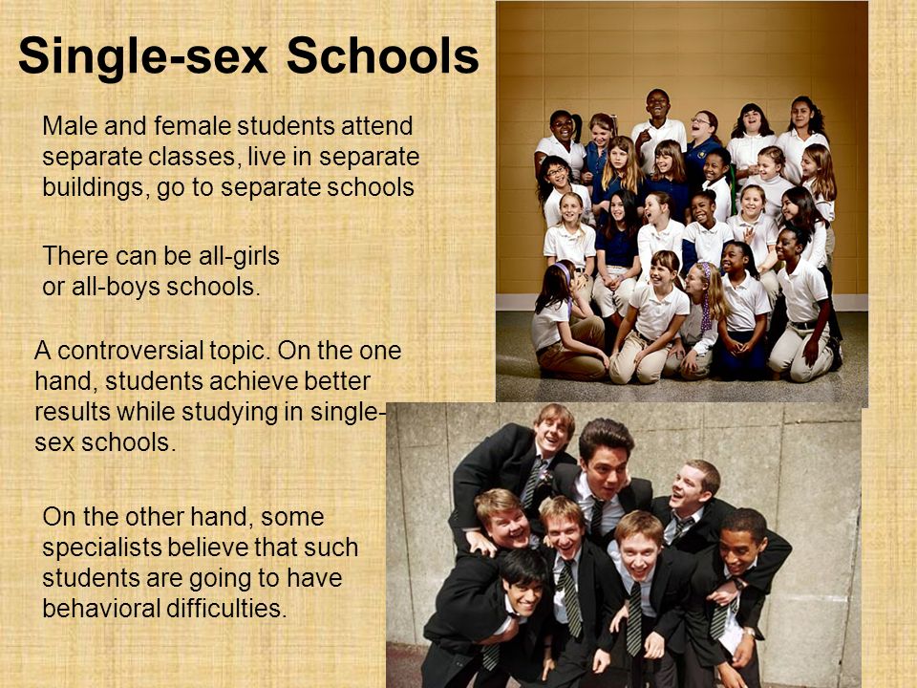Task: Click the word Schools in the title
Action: pyautogui.click(x=383, y=56)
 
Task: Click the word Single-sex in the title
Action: pyautogui.click(x=142, y=57)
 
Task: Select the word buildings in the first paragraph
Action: pyautogui.click(x=96, y=188)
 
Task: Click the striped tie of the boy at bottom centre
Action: pyautogui.click(x=634, y=619)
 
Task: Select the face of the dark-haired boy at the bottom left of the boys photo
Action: pyautogui.click(x=522, y=594)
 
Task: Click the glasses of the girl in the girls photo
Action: pyautogui.click(x=557, y=171)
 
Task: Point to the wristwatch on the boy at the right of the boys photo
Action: pyautogui.click(x=749, y=632)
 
